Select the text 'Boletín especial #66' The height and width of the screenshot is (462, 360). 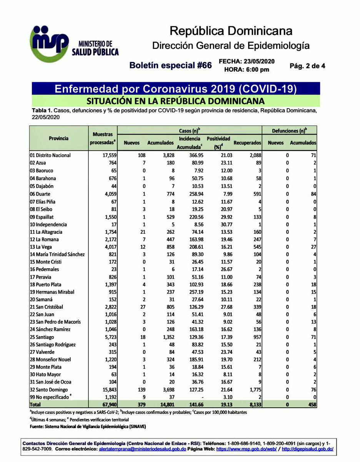[170, 65]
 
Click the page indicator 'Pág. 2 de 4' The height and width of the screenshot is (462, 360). [307, 66]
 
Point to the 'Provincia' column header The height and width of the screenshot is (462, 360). [59, 138]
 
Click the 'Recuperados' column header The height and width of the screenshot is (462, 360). [247, 143]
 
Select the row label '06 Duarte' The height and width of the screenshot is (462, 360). [40, 194]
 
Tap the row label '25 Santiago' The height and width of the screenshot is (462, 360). [42, 337]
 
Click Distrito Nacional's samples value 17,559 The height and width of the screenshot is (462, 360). [107, 156]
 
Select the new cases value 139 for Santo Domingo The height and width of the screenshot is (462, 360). [134, 390]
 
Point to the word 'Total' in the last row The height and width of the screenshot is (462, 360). [36, 405]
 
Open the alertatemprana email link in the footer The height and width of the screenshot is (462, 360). [143, 449]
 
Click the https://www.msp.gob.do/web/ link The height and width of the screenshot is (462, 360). [247, 449]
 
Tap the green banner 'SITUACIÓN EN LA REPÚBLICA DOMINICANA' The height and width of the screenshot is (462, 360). [175, 101]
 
